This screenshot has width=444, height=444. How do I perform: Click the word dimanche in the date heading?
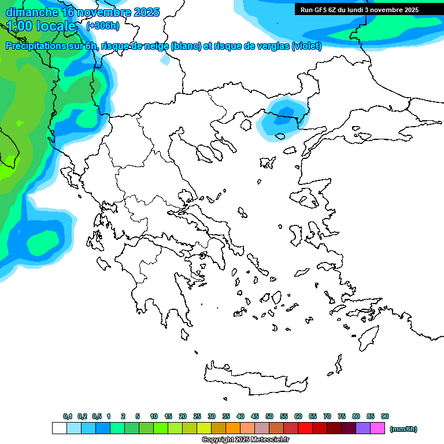32,12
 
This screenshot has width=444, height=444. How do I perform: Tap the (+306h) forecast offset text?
102,25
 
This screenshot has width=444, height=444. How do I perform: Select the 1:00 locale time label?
41,26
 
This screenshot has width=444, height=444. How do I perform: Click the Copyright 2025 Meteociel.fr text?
245,439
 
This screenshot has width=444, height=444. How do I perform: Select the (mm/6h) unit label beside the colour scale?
403,429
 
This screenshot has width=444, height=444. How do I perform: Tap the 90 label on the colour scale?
385,416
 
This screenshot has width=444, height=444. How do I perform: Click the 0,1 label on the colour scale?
67,416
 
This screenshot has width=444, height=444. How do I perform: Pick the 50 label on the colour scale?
269,416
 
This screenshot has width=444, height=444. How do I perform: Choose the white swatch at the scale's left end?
59,428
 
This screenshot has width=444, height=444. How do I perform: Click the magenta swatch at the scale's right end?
378,428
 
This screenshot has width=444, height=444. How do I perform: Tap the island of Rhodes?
368,336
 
